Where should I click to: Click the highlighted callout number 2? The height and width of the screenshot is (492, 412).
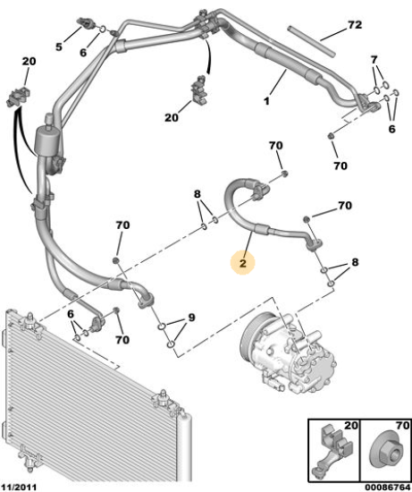click(243, 264)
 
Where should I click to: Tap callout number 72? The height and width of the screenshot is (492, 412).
click(355, 25)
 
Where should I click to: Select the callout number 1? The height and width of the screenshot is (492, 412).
click(266, 101)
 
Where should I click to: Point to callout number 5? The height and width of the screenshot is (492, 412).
click(59, 47)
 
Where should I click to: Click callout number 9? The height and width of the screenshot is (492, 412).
click(191, 318)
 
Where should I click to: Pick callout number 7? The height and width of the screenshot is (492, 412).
click(374, 59)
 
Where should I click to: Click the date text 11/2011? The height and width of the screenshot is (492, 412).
click(19, 487)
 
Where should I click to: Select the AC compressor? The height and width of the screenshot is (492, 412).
click(289, 352)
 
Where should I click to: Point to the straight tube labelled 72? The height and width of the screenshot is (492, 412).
click(311, 41)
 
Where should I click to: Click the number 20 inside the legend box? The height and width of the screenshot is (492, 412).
click(351, 426)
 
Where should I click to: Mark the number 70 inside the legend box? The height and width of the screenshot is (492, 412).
click(402, 426)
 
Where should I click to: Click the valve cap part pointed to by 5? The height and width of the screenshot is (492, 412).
click(85, 23)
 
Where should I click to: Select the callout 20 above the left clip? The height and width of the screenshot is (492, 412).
click(29, 61)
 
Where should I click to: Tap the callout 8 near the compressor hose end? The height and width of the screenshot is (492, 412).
click(355, 262)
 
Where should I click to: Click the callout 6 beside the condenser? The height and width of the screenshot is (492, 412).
click(71, 314)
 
